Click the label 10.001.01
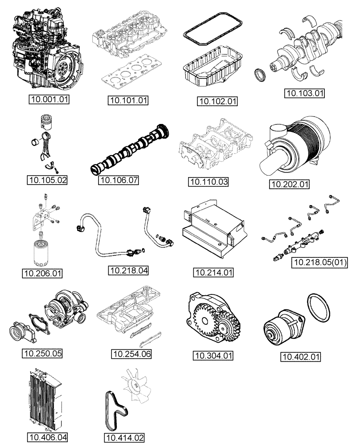pos(49,99)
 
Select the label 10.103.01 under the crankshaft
pos(305,93)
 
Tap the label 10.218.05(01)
pos(319,262)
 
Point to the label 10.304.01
pos(213,355)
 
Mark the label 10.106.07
pos(118,181)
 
